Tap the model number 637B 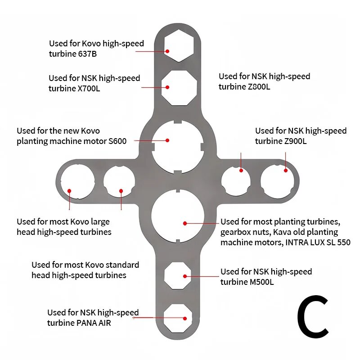click(87, 54)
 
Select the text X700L click(89, 88)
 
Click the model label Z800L click(259, 87)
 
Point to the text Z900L click(295, 141)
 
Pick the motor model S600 click(117, 141)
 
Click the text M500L click(262, 282)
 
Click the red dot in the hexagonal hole click(167, 51)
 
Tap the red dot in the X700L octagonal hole click(167, 87)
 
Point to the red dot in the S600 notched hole click(167, 140)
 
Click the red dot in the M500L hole click(185, 276)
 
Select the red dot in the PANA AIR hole click(185, 319)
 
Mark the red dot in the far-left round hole click(69, 191)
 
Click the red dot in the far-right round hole click(286, 171)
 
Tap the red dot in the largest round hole click(185, 223)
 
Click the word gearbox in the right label click(234, 233)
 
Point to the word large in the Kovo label click(100, 222)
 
